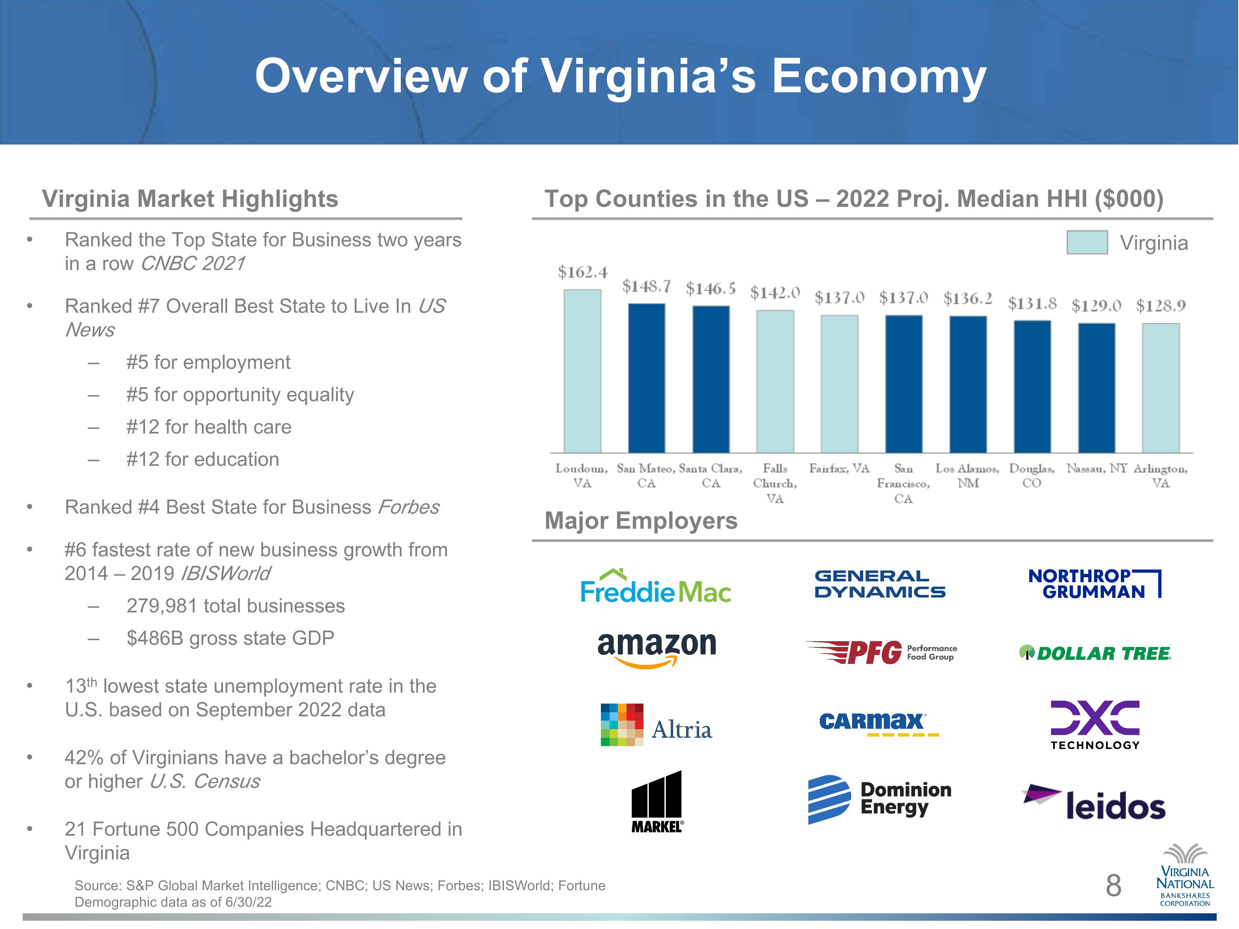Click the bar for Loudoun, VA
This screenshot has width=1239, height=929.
tap(582, 371)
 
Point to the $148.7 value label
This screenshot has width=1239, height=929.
tap(646, 287)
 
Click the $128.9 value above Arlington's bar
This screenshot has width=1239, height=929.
tap(1161, 306)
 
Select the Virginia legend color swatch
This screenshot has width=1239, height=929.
tap(1087, 242)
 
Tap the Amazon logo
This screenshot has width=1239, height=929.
tap(657, 649)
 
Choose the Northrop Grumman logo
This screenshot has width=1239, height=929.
tap(1094, 583)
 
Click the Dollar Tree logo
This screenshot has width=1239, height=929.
tap(1095, 653)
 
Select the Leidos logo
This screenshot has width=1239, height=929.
tap(1094, 802)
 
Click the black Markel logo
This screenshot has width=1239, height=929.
tap(657, 801)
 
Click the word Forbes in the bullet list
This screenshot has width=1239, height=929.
tap(408, 507)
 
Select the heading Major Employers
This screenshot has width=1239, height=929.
tap(641, 521)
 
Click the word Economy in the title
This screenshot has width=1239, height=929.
tap(879, 77)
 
